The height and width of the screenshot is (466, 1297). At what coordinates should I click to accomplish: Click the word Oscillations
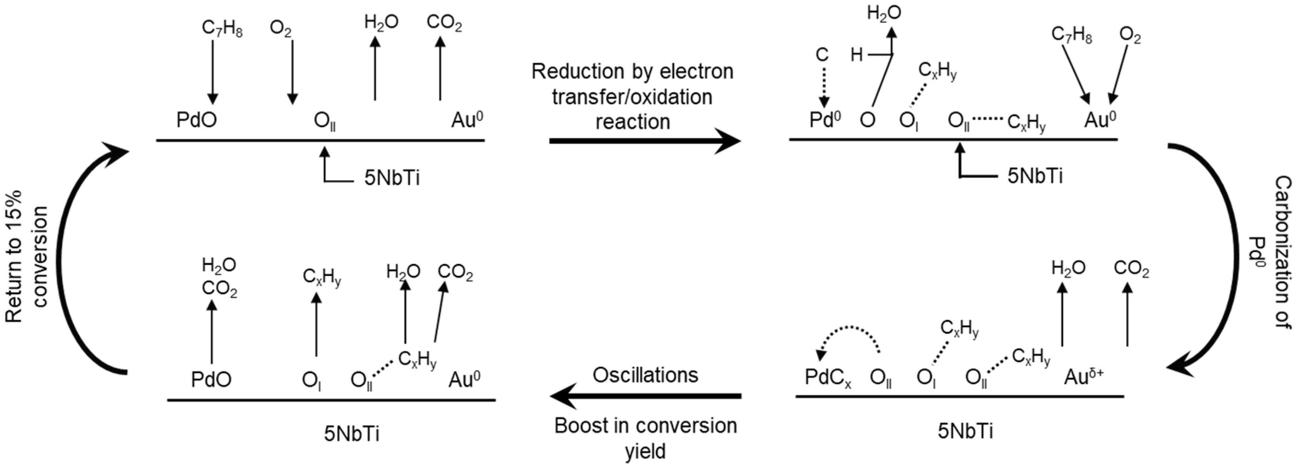[x=645, y=375]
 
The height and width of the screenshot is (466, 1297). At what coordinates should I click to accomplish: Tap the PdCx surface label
[x=827, y=377]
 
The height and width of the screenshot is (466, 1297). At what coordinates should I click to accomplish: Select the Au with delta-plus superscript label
[x=1084, y=376]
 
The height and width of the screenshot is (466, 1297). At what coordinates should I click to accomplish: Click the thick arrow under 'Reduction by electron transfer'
[x=644, y=141]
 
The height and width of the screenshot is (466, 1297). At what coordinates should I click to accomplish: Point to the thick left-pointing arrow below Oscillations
[x=646, y=396]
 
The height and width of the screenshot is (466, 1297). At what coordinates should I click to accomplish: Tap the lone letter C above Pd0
[x=822, y=55]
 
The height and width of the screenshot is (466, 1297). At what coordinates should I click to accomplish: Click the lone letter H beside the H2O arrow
[x=857, y=55]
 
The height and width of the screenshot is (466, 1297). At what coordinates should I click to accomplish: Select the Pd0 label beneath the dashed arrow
[x=825, y=120]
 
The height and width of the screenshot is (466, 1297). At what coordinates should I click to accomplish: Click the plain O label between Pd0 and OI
[x=867, y=120]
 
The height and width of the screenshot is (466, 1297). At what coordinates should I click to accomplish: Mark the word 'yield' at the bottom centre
[x=645, y=451]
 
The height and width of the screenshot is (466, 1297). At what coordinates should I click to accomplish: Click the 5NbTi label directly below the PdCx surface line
[x=965, y=431]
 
